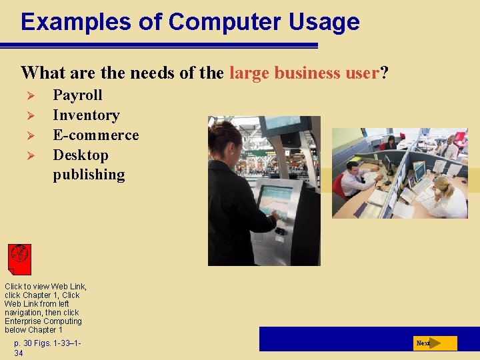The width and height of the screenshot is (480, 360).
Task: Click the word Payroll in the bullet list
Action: pyautogui.click(x=77, y=95)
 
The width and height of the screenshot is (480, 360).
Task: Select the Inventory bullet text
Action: pyautogui.click(x=86, y=115)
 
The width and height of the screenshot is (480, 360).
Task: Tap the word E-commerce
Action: pyautogui.click(x=96, y=135)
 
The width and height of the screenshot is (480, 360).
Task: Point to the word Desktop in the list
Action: pyautogui.click(x=80, y=155)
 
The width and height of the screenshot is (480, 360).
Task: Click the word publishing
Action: pyautogui.click(x=89, y=175)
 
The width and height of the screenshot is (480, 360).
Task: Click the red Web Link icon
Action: pyautogui.click(x=20, y=259)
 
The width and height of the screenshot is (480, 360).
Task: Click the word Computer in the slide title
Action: pyautogui.click(x=225, y=21)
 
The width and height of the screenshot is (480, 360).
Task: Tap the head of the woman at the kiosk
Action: pyautogui.click(x=225, y=137)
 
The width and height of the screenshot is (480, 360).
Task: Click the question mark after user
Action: pyautogui.click(x=384, y=73)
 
